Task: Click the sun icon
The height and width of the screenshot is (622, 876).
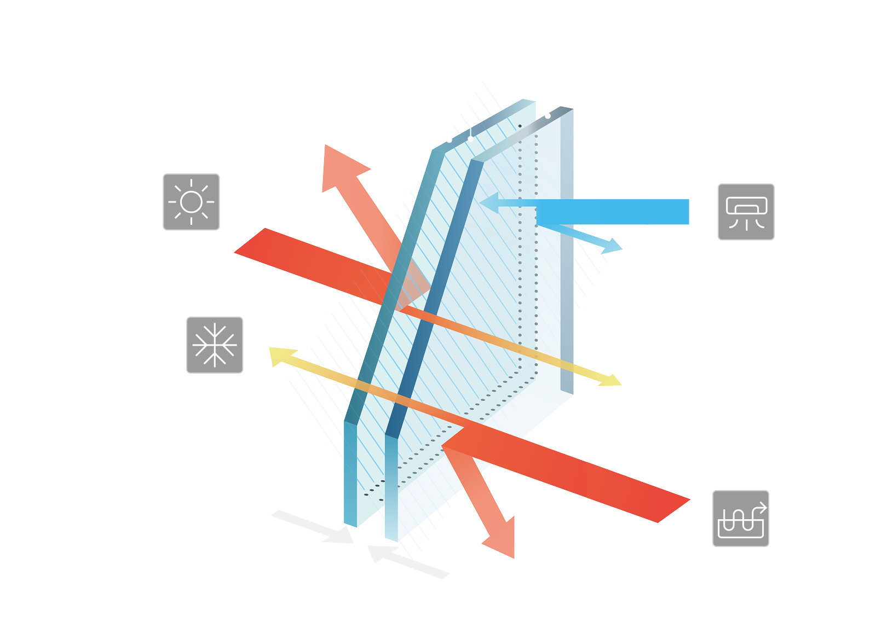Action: click(191, 202)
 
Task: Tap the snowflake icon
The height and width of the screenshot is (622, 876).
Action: click(215, 345)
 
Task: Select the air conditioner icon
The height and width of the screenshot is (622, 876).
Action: click(746, 212)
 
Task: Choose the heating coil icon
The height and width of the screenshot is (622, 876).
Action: click(741, 518)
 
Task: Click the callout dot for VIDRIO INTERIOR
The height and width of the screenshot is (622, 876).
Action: click(548, 116)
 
